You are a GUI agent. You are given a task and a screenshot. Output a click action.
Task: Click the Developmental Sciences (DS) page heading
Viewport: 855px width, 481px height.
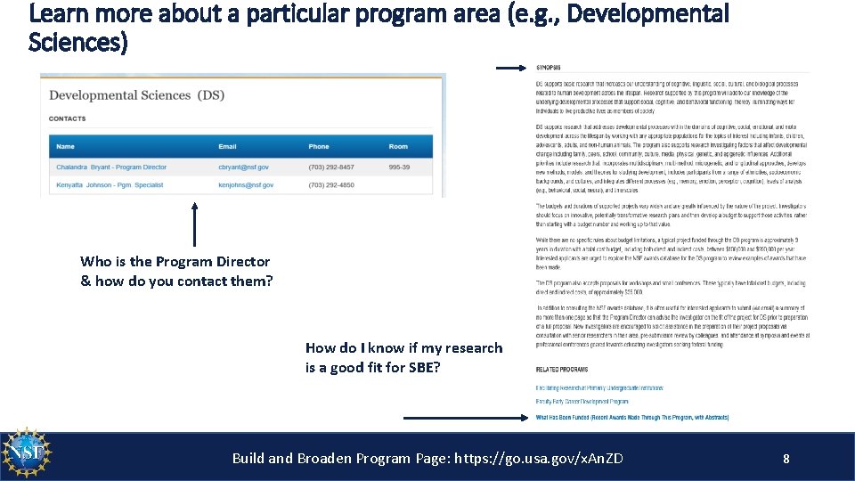[136, 95]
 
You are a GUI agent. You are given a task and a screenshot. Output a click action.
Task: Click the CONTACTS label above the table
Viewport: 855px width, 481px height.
[68, 118]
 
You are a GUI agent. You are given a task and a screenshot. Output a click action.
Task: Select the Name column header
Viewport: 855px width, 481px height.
[65, 146]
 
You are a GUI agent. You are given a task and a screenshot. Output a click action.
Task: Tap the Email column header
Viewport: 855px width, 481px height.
[228, 146]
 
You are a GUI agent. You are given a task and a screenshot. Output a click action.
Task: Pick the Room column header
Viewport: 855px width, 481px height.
[398, 146]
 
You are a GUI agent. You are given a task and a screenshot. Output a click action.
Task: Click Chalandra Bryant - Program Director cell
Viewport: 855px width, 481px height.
[111, 167]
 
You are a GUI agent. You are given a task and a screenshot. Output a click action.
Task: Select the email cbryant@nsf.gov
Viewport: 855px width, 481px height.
[242, 167]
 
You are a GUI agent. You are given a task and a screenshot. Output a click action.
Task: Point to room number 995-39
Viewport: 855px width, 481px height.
[401, 167]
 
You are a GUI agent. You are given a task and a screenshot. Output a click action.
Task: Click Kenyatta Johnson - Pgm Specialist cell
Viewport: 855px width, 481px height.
[110, 185]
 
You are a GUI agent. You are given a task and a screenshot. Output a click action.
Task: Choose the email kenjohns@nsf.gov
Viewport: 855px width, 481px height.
[246, 185]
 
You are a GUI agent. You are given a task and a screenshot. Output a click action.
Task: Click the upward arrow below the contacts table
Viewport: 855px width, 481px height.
[194, 224]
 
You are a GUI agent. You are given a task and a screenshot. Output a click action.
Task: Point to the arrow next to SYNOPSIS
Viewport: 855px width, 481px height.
[511, 67]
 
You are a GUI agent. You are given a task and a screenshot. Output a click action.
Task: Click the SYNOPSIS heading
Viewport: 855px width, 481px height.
[549, 68]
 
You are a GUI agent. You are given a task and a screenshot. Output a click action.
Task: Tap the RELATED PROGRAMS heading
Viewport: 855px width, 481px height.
[561, 369]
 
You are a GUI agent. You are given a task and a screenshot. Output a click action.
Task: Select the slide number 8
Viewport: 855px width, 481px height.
[786, 459]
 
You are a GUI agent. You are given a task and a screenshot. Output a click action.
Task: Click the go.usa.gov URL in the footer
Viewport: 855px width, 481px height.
[539, 459]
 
